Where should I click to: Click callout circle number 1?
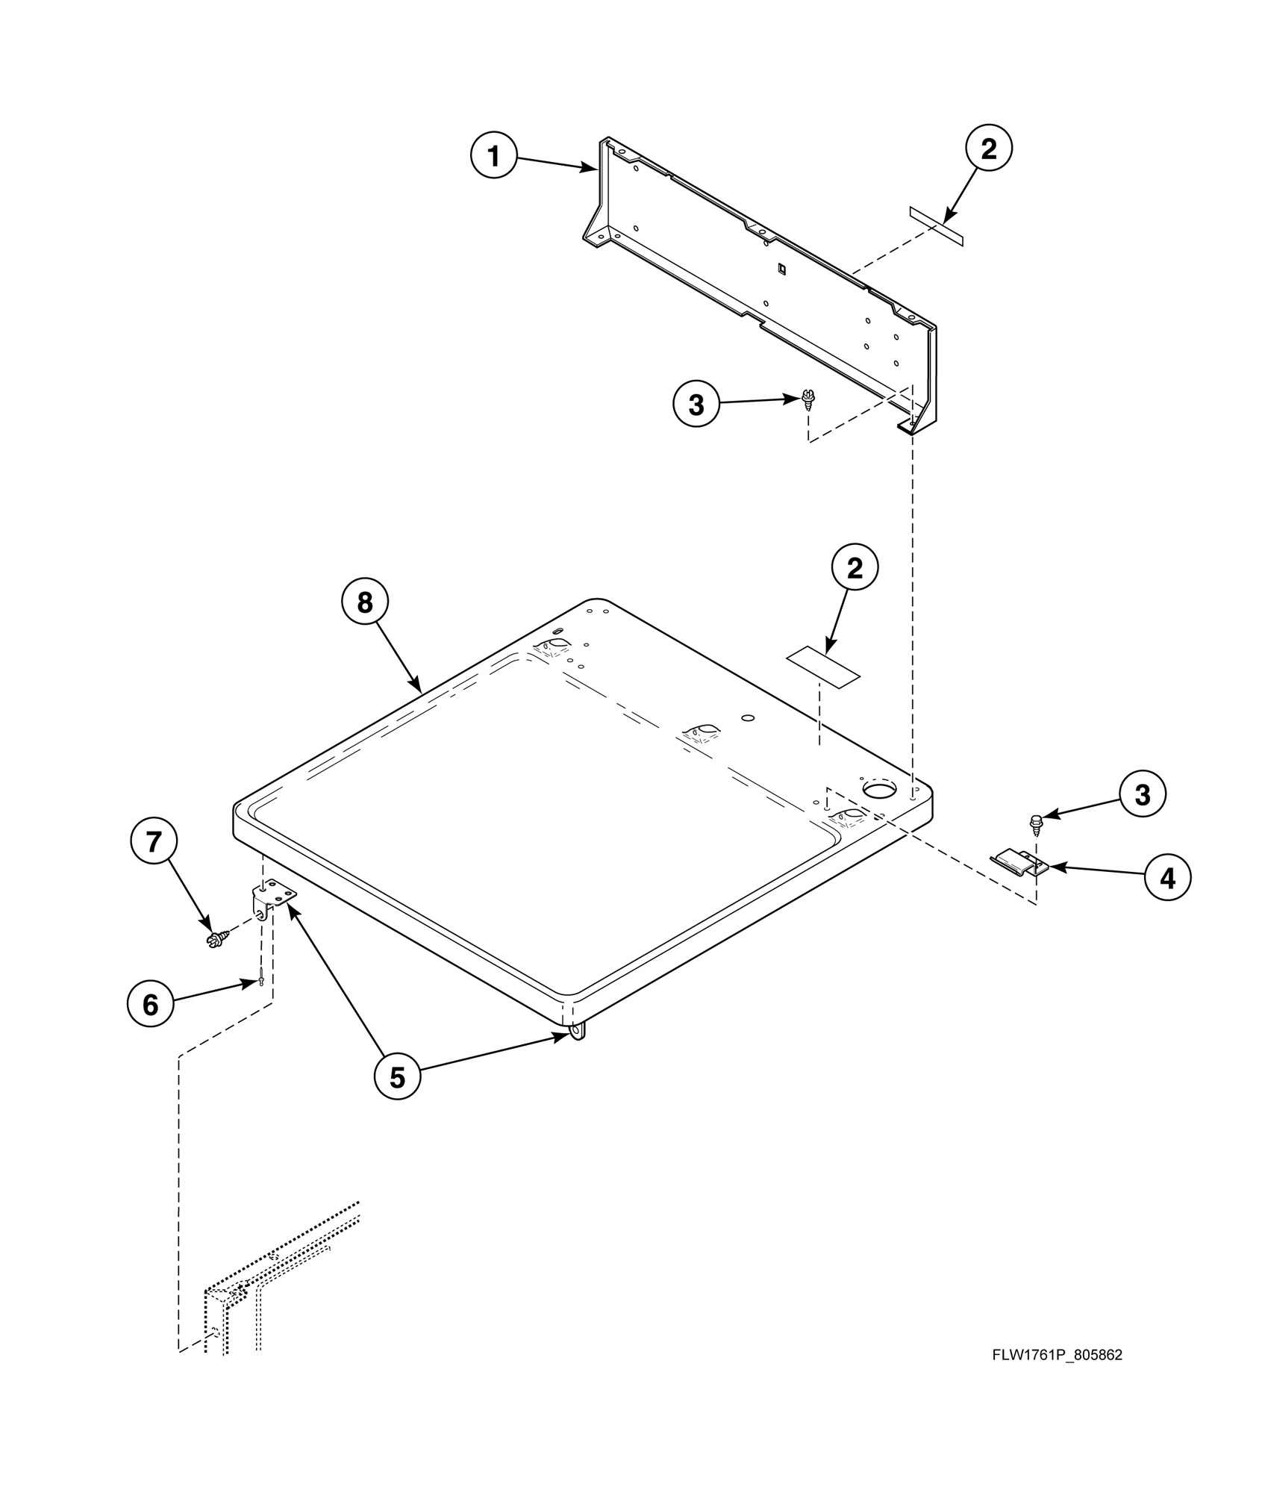(493, 156)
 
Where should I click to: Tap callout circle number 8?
(364, 602)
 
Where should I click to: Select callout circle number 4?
(1168, 879)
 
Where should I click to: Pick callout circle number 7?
(154, 842)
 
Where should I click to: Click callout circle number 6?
(150, 1005)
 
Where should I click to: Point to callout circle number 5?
(397, 1077)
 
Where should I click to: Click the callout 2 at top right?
(988, 149)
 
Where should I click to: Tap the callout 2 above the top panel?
(855, 569)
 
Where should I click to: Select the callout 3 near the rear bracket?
(696, 405)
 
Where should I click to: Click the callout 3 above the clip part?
(1142, 795)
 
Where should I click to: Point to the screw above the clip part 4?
(1036, 823)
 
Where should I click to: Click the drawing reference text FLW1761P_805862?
(1057, 1355)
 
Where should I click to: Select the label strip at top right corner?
(936, 225)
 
